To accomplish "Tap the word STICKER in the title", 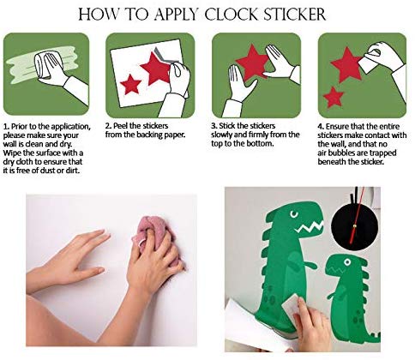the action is pos(295,15).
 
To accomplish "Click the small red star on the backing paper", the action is pos(130,84).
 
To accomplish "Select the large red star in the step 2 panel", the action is pos(156,69).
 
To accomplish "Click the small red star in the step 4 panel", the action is pos(334,97).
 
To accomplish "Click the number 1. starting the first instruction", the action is pos(6,127).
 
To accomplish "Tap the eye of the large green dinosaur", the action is pos(293,214).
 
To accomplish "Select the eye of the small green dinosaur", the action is pos(347,261).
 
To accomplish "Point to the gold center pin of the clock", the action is pos(356,226).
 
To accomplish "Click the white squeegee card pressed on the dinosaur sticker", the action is pos(291,308).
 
